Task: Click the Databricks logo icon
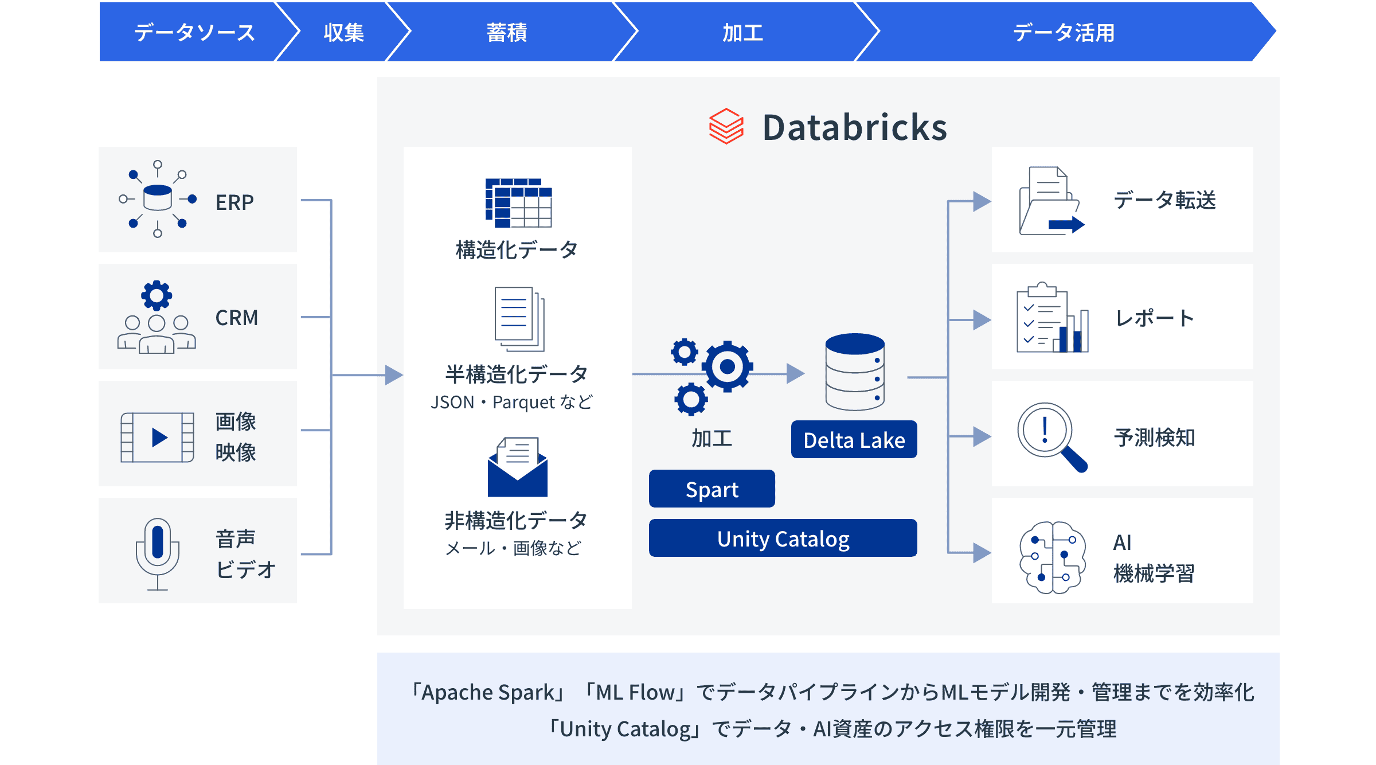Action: tap(726, 126)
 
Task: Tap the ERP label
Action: tap(234, 202)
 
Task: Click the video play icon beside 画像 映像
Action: tap(158, 438)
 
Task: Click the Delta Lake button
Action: tap(854, 440)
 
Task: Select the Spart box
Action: tap(712, 489)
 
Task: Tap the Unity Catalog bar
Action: tap(783, 538)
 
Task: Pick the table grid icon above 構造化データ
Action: tap(518, 202)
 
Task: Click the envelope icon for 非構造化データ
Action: tap(518, 467)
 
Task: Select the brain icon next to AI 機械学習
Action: tap(1052, 556)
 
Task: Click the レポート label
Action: tap(1154, 318)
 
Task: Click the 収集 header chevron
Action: tap(343, 33)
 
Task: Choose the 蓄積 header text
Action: tap(507, 33)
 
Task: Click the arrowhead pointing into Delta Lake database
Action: tap(795, 374)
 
